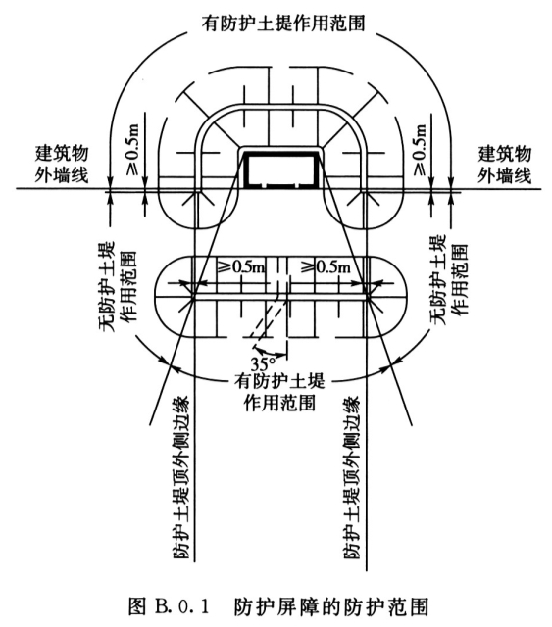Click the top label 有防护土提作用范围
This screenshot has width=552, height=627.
(x=283, y=23)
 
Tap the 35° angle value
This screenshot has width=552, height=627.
(x=263, y=364)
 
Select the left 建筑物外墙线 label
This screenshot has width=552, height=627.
(x=61, y=164)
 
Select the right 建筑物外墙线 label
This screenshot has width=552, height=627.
(x=504, y=164)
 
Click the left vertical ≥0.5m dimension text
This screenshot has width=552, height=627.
(x=133, y=149)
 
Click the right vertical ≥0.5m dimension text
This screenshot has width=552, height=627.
(x=420, y=149)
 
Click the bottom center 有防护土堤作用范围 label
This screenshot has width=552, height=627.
(x=279, y=392)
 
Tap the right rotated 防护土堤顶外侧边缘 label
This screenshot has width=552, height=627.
(x=352, y=477)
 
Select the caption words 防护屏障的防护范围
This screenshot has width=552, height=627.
(x=331, y=606)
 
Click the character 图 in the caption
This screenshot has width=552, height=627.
(x=136, y=606)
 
